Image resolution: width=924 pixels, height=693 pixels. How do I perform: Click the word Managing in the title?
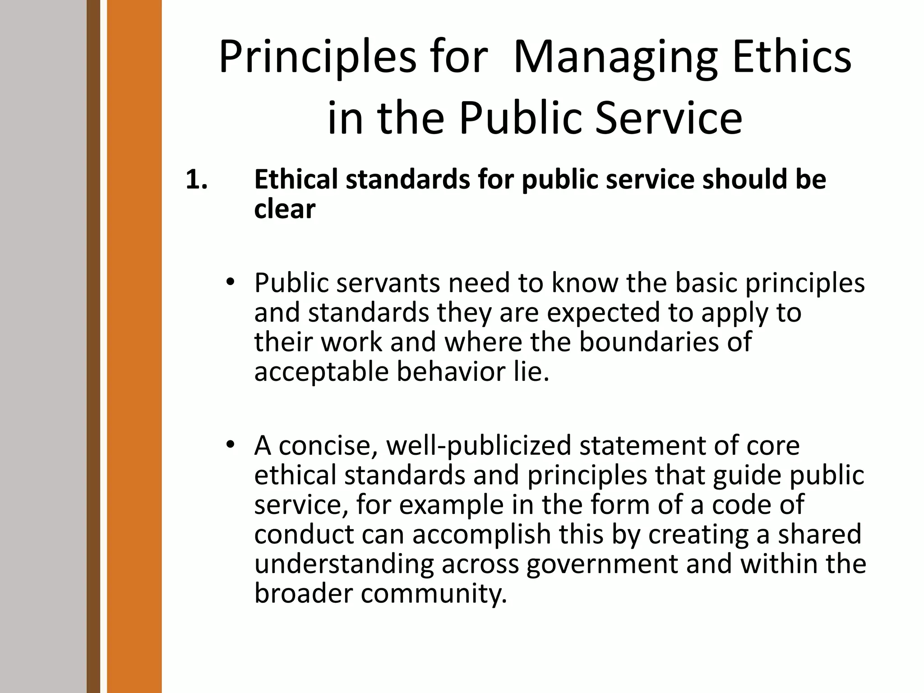[x=615, y=59]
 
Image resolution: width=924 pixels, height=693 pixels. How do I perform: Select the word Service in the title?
[x=669, y=118]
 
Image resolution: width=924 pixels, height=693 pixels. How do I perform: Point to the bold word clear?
[x=285, y=209]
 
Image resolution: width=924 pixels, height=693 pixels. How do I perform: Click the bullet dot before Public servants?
[x=231, y=282]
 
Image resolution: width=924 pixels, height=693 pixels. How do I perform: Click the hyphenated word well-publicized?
[x=479, y=446]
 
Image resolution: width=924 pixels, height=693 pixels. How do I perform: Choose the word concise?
[x=328, y=446]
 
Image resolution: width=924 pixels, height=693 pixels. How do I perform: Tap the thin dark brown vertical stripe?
[x=93, y=346]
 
